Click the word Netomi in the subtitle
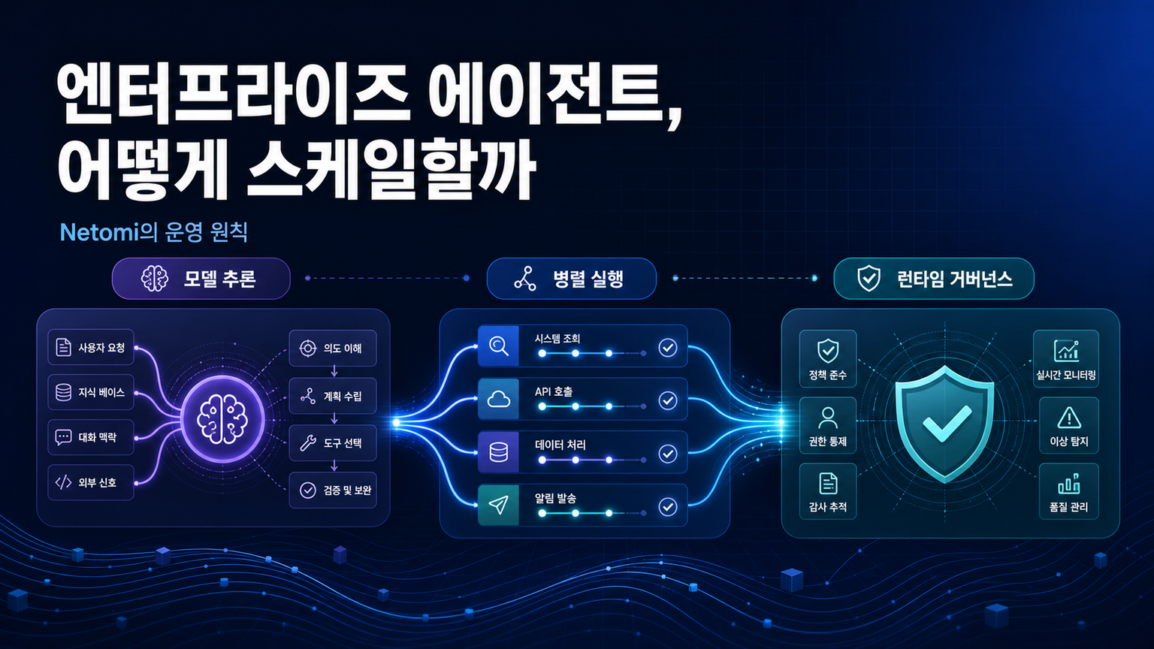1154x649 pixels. [99, 233]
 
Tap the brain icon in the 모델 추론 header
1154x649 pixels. [155, 279]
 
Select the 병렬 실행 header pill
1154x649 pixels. [571, 279]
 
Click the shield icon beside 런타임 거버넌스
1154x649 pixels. [869, 279]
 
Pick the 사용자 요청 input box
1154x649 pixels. [91, 348]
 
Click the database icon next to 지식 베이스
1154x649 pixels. [63, 393]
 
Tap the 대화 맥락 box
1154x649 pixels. [91, 438]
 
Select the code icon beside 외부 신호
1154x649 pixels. [63, 483]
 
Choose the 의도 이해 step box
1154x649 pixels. [333, 349]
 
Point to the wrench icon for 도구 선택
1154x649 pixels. [308, 443]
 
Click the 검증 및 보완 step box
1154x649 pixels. [333, 491]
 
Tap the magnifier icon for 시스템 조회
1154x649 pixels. [498, 346]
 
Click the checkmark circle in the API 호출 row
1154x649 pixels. [668, 400]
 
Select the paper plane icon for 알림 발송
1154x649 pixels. [498, 506]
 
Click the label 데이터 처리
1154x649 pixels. [560, 445]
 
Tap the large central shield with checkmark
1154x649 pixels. [944, 424]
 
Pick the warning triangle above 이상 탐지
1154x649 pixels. [1069, 418]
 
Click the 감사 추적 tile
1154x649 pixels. [828, 491]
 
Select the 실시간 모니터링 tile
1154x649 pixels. [1066, 358]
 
